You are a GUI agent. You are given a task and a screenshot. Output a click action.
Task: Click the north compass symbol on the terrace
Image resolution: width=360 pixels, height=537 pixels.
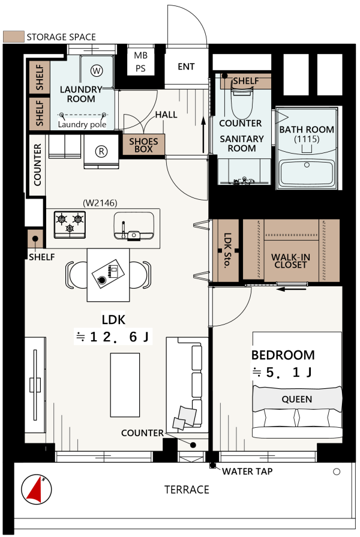point(37,489)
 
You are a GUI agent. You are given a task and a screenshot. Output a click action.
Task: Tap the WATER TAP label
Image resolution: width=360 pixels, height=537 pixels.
point(247,472)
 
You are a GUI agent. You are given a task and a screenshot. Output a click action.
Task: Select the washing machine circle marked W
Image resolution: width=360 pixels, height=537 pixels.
point(97,71)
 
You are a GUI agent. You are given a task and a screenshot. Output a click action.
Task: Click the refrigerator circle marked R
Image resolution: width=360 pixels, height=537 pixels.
point(101,151)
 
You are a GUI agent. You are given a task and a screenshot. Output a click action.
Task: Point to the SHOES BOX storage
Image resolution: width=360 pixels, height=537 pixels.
point(143,145)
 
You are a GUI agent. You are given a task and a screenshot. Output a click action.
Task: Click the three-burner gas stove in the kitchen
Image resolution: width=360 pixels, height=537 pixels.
point(70,224)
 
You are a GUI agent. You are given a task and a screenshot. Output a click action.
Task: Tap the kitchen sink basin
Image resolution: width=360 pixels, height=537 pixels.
point(134,226)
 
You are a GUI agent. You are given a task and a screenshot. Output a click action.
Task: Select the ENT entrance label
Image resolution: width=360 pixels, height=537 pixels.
point(186,67)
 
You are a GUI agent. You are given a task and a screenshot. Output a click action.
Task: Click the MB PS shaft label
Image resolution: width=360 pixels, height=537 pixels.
point(140,62)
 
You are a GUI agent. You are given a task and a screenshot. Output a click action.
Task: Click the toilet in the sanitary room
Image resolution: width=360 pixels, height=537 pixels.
point(242,102)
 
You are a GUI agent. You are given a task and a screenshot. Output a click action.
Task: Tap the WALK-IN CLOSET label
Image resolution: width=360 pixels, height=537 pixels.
point(290,261)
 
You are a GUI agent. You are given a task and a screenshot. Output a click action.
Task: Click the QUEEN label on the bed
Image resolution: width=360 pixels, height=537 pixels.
point(296,399)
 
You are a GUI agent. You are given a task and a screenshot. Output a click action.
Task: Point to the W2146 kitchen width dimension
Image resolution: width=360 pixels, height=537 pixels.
point(100,203)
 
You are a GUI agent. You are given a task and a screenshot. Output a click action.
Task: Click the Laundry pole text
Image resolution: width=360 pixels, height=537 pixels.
point(82,124)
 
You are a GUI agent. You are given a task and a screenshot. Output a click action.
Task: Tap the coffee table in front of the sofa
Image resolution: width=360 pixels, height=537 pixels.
point(125,385)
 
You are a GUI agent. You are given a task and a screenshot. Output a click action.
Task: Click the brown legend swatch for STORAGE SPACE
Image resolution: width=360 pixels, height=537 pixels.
point(14,37)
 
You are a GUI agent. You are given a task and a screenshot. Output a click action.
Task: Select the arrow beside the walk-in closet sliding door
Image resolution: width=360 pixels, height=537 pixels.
point(291,289)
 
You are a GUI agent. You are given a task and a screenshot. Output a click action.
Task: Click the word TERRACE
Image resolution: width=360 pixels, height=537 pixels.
point(187,490)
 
